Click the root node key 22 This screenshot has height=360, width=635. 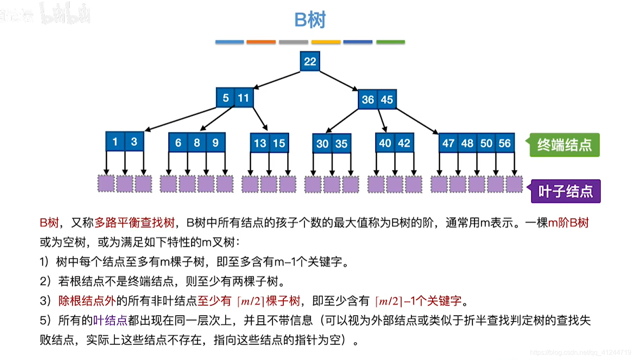[310, 61]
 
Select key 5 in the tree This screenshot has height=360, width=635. [226, 98]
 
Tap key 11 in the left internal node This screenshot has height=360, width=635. [243, 98]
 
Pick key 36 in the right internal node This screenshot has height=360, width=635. [368, 100]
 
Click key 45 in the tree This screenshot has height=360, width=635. [387, 100]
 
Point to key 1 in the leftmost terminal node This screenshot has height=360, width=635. [115, 142]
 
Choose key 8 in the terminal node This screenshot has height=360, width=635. [197, 143]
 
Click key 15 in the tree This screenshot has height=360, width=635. [279, 144]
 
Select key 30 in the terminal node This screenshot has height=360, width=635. [322, 144]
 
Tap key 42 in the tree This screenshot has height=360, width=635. [404, 143]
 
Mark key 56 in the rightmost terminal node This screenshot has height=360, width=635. [505, 143]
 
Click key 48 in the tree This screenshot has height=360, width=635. [467, 143]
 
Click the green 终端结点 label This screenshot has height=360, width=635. [564, 145]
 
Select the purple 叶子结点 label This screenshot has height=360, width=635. [565, 191]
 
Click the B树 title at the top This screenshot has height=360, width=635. [310, 20]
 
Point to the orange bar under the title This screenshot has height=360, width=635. [261, 42]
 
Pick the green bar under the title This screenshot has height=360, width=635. [390, 42]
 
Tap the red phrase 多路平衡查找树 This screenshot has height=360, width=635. [134, 223]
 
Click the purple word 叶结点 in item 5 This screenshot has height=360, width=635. [110, 320]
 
